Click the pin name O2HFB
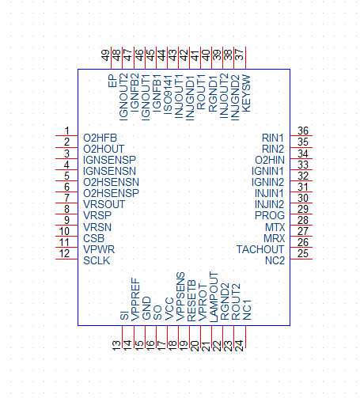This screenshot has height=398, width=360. coord(100,138)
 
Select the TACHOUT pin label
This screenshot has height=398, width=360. coord(260,249)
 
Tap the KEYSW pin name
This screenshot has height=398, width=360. coord(246,94)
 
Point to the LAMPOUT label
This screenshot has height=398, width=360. coord(214,298)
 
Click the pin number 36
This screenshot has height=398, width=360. coord(303,131)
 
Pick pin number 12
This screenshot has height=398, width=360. coord(64,254)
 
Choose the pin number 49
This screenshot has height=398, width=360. coord(105,55)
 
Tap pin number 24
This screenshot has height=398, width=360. coord(239,346)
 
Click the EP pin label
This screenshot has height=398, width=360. coord(112,81)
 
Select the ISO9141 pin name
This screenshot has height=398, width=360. coord(168,95)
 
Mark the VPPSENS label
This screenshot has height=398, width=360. coord(180,297)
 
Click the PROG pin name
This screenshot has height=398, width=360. coord(270,216)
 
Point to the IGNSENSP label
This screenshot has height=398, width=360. coord(109,160)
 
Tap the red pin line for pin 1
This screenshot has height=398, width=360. coord(66,135)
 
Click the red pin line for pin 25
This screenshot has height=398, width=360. coord(301,259)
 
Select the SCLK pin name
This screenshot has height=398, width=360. coord(97,261)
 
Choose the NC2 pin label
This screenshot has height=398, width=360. coord(275,261)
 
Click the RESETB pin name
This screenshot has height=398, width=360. coord(191,301)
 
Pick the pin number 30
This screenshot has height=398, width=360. coord(303,198)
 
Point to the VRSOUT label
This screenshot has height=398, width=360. coord(104,204)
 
